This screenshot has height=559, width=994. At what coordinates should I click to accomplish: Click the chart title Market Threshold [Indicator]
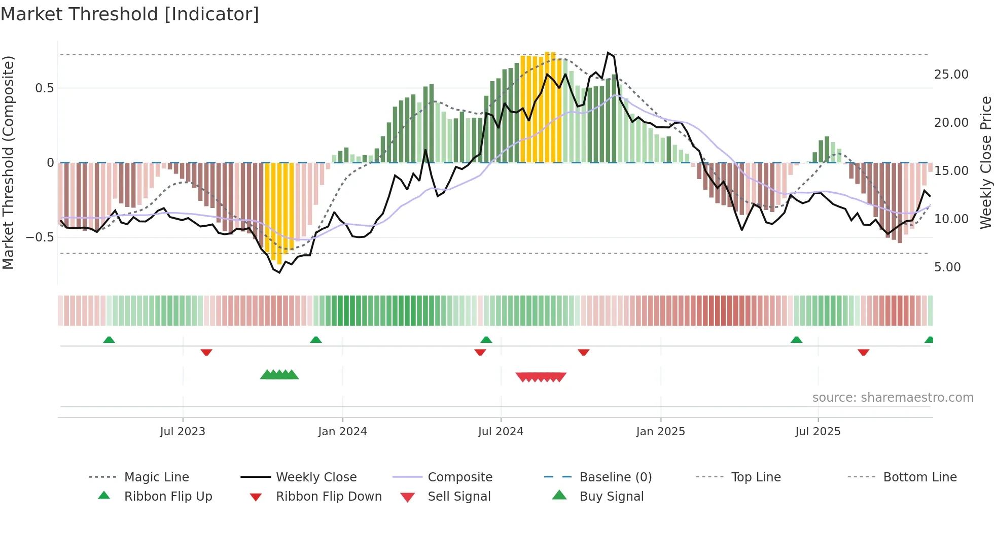tap(130, 14)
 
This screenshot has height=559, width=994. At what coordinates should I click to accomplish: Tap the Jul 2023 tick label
tap(183, 432)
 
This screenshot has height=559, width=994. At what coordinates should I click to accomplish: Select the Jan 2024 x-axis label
tap(342, 432)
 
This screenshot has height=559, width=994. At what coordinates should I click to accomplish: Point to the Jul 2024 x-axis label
tap(501, 432)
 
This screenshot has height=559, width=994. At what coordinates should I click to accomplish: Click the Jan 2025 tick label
tap(660, 432)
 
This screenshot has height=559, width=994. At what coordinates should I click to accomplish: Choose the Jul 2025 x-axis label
tap(818, 432)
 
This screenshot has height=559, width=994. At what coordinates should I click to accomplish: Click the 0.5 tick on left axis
tap(44, 88)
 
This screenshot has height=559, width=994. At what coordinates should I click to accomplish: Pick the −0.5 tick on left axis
tap(40, 237)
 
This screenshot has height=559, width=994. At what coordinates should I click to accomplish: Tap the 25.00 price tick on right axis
tap(951, 75)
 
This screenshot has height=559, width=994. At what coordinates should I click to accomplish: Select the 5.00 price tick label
tap(947, 267)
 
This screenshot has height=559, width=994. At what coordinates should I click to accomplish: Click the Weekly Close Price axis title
tap(985, 162)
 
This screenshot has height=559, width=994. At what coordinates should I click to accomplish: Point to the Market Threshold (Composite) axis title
tap(8, 162)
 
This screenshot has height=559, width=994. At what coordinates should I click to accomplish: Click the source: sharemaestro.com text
tap(893, 398)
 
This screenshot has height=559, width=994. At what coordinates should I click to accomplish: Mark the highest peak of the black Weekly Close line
tap(608, 53)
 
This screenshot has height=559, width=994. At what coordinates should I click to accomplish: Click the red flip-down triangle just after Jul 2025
tap(863, 352)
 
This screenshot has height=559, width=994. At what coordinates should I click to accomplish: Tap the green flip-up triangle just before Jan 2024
tap(316, 340)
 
